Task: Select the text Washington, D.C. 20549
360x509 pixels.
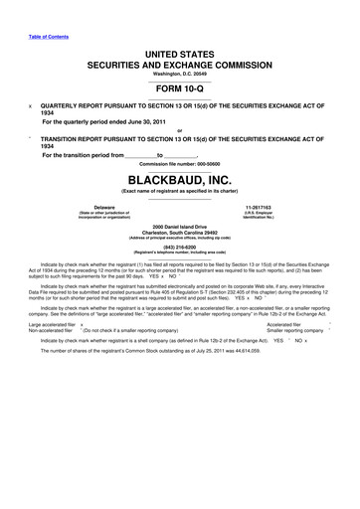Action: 180,70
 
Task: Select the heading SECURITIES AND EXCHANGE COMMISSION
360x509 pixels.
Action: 180,61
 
